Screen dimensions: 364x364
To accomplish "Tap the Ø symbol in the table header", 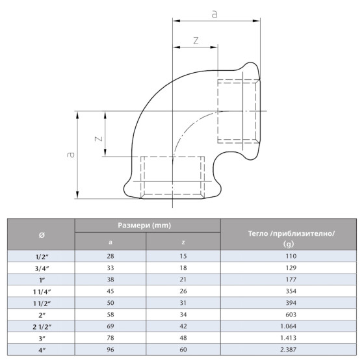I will click(42, 235).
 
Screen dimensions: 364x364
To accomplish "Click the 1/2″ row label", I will click(42, 257).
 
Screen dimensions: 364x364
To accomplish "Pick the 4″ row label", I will click(42, 350).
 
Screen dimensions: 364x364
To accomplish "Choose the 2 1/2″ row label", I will click(42, 327).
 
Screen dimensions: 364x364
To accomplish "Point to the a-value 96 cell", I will click(110, 350).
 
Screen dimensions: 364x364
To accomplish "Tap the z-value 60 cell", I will click(183, 350).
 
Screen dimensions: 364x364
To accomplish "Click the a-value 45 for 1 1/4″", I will click(110, 292).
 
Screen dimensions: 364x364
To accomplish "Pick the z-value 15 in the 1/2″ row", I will click(183, 257).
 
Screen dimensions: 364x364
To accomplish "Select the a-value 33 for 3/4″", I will click(110, 268).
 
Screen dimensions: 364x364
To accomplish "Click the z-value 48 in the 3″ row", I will click(183, 339).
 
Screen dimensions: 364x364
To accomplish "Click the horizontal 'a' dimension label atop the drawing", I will click(214, 13).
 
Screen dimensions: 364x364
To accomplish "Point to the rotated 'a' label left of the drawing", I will click(71, 155).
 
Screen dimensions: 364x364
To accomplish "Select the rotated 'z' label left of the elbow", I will click(97, 138).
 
